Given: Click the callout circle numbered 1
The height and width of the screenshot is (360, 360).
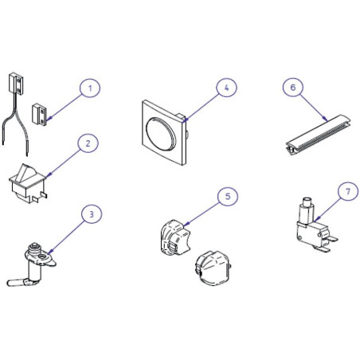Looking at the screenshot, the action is point(90,88).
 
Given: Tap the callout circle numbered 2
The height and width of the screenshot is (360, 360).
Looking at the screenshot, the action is point(88,143).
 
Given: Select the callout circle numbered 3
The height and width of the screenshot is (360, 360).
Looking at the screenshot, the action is point(92,214).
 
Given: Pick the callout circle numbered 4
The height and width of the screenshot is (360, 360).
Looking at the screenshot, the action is point(226,88).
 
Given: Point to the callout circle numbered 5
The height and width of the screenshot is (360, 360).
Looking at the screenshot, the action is point(228,197).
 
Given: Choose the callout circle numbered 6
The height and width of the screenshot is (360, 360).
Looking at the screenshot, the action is point(293,87).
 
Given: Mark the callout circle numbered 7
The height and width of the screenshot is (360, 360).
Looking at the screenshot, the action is point(348,191).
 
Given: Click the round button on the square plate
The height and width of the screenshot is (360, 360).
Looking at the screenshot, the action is point(161,133).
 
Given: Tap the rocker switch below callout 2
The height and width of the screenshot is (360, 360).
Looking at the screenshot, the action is point(28,182).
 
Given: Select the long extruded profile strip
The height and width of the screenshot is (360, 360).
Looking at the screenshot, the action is point(318,135).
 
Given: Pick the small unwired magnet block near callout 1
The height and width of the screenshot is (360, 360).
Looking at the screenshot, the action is point(39,114).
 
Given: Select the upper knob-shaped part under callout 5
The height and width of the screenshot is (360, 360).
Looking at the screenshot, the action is point(175,237).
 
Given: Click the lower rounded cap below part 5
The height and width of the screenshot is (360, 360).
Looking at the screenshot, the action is point(213,268).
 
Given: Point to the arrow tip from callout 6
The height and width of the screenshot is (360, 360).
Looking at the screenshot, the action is point(327,121).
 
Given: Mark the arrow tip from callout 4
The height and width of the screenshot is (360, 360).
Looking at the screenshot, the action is point(183,122).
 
